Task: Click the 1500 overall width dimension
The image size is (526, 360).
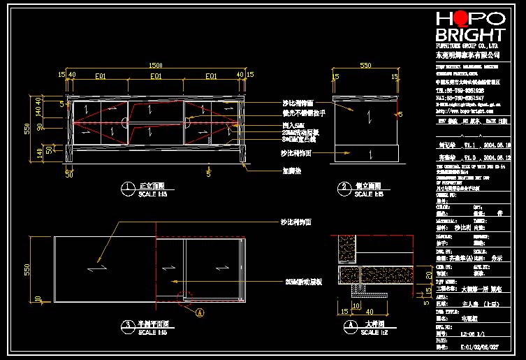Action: pos(156,66)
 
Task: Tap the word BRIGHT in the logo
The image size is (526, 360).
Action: pos(469,36)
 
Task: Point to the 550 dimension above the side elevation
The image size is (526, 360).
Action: pos(365,66)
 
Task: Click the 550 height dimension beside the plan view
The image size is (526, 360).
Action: pos(29,268)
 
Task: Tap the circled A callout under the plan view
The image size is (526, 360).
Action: pos(199,312)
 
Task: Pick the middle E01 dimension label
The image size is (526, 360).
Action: pos(156,75)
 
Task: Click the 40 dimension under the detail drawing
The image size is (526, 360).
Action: pos(369,311)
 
